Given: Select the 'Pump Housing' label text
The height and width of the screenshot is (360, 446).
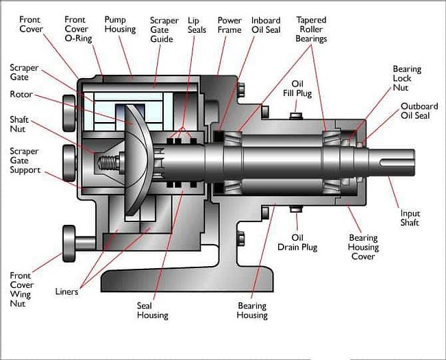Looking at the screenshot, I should click(120, 25).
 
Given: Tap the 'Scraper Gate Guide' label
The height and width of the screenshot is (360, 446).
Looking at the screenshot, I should click(165, 30).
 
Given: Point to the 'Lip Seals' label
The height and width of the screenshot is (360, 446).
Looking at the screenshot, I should click(197, 25).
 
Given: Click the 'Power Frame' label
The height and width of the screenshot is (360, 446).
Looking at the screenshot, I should click(229, 25).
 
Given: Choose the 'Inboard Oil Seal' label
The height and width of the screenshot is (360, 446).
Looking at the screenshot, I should click(265, 25).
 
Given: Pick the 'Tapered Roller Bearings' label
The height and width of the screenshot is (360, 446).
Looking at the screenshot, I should click(312, 29).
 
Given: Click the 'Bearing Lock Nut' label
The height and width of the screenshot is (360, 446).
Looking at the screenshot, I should click(406, 79).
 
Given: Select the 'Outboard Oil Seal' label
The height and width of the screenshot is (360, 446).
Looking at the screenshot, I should click(419, 110).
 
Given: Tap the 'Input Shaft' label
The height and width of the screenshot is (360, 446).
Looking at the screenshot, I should click(410, 218).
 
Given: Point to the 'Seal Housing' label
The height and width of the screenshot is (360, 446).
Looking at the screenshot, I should click(152, 311).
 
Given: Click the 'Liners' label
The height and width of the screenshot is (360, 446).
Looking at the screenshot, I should click(66, 291).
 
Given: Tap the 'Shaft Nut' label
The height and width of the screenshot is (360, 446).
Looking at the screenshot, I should click(19, 123).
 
